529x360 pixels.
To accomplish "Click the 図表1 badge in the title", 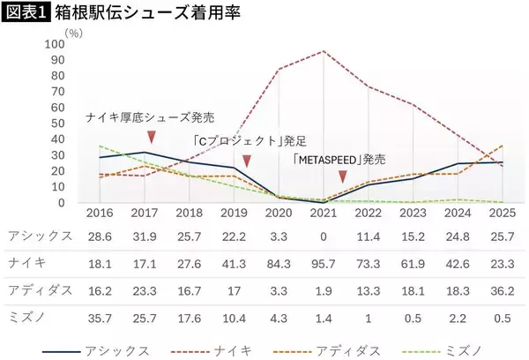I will pyautogui.click(x=26, y=14).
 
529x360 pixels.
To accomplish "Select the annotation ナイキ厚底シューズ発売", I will pyautogui.click(x=150, y=117).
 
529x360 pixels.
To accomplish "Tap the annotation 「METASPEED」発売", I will pyautogui.click(x=339, y=160).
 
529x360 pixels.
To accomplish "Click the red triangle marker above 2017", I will pyautogui.click(x=152, y=136).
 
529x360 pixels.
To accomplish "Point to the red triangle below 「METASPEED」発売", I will pyautogui.click(x=342, y=177).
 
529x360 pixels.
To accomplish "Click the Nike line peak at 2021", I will pyautogui.click(x=324, y=51).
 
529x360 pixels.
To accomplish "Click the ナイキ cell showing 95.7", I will pyautogui.click(x=324, y=263).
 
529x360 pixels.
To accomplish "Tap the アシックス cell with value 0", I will pyautogui.click(x=324, y=236).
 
